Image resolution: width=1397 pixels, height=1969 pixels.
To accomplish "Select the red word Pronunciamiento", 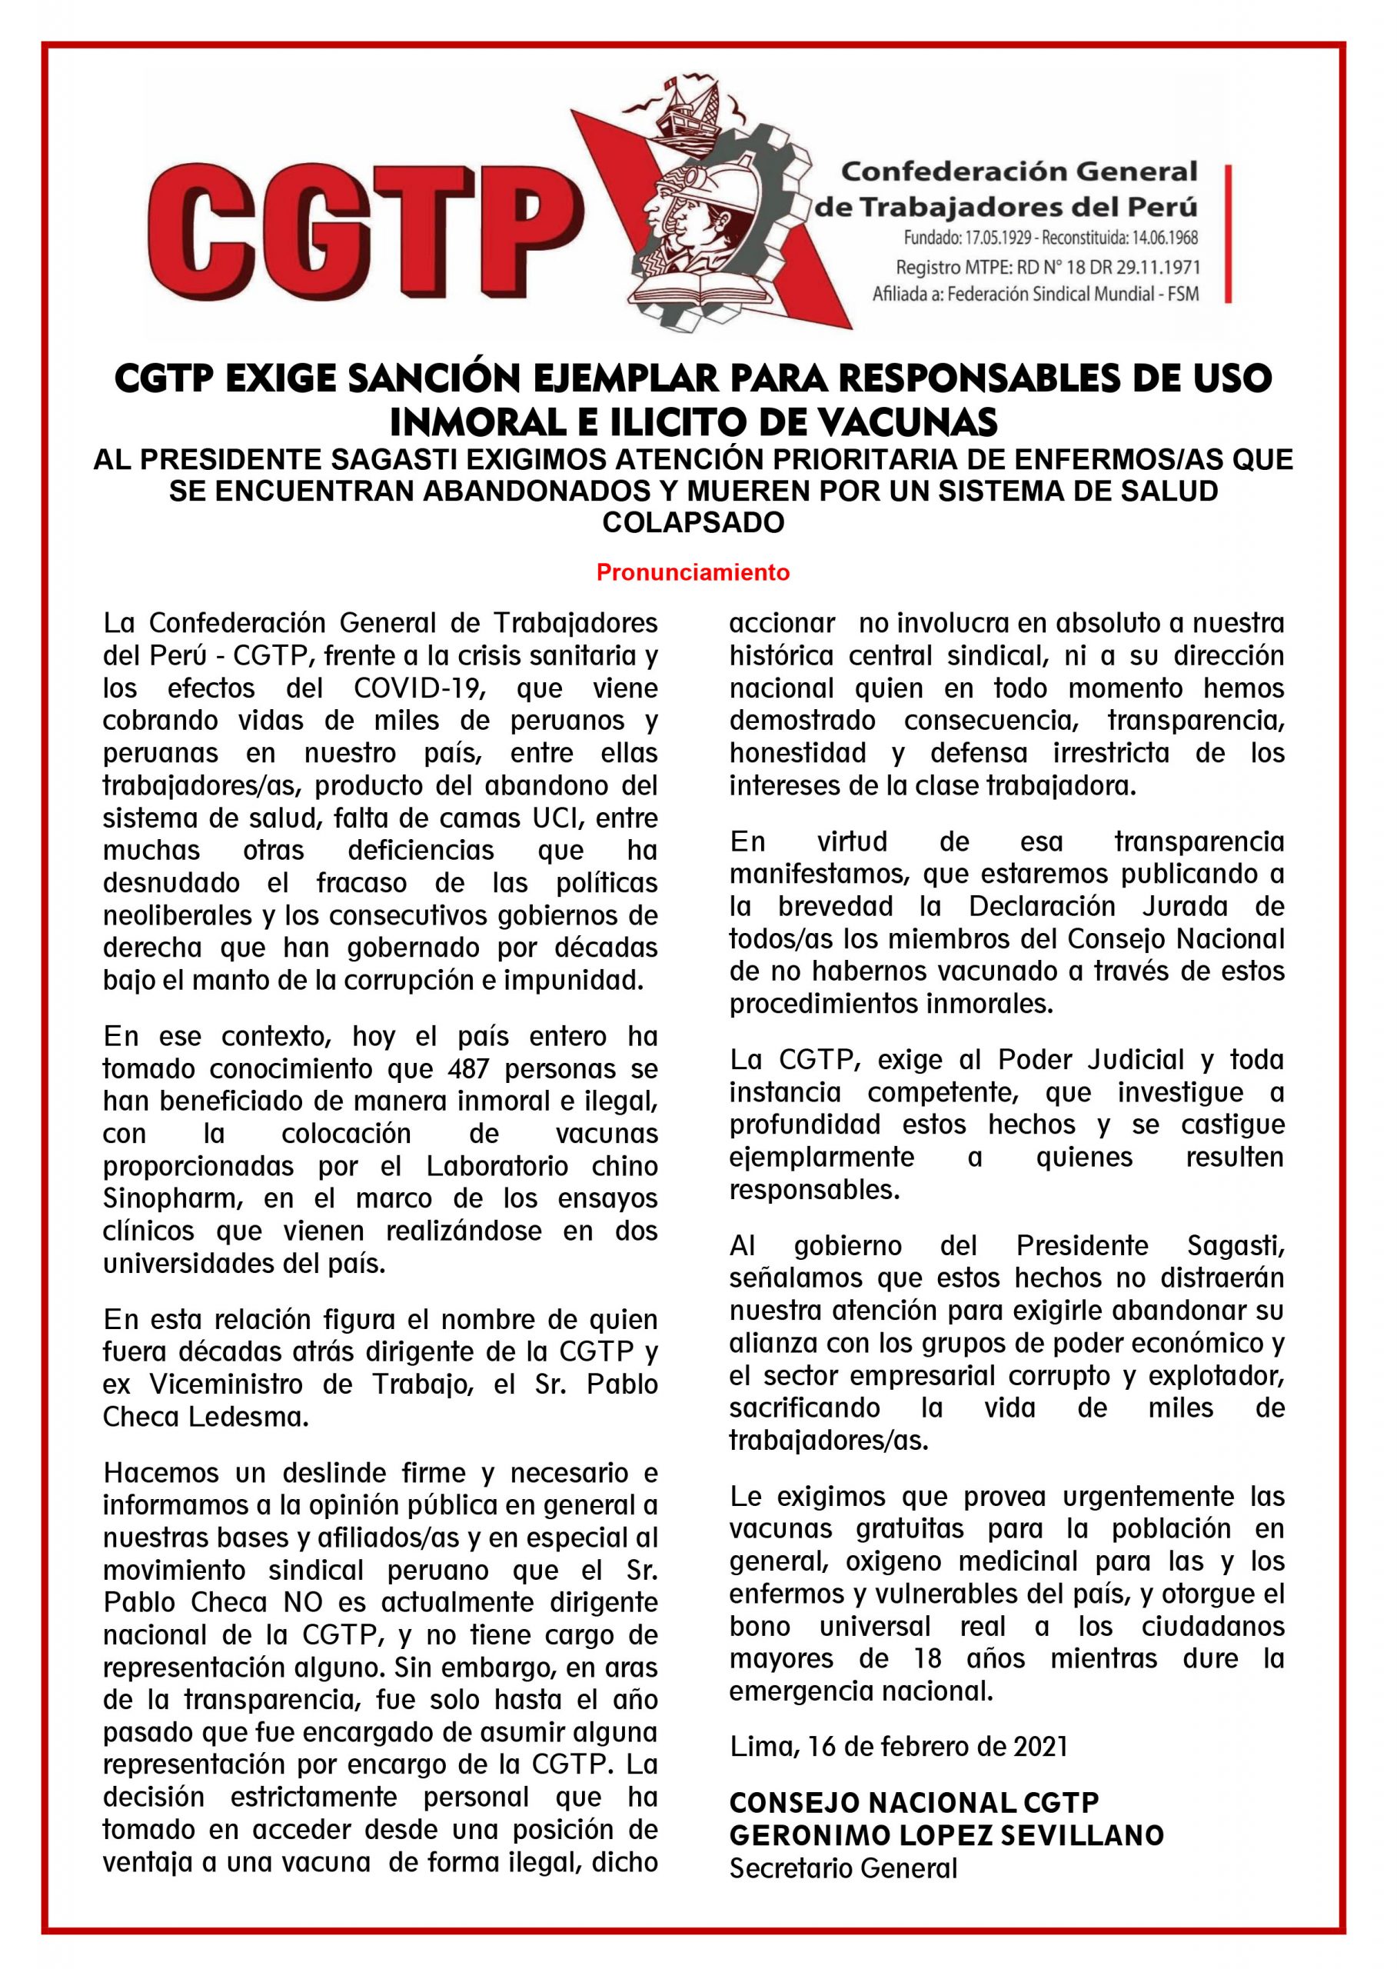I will click(x=693, y=572).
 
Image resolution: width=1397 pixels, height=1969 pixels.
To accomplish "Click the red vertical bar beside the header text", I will click(x=1228, y=234).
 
